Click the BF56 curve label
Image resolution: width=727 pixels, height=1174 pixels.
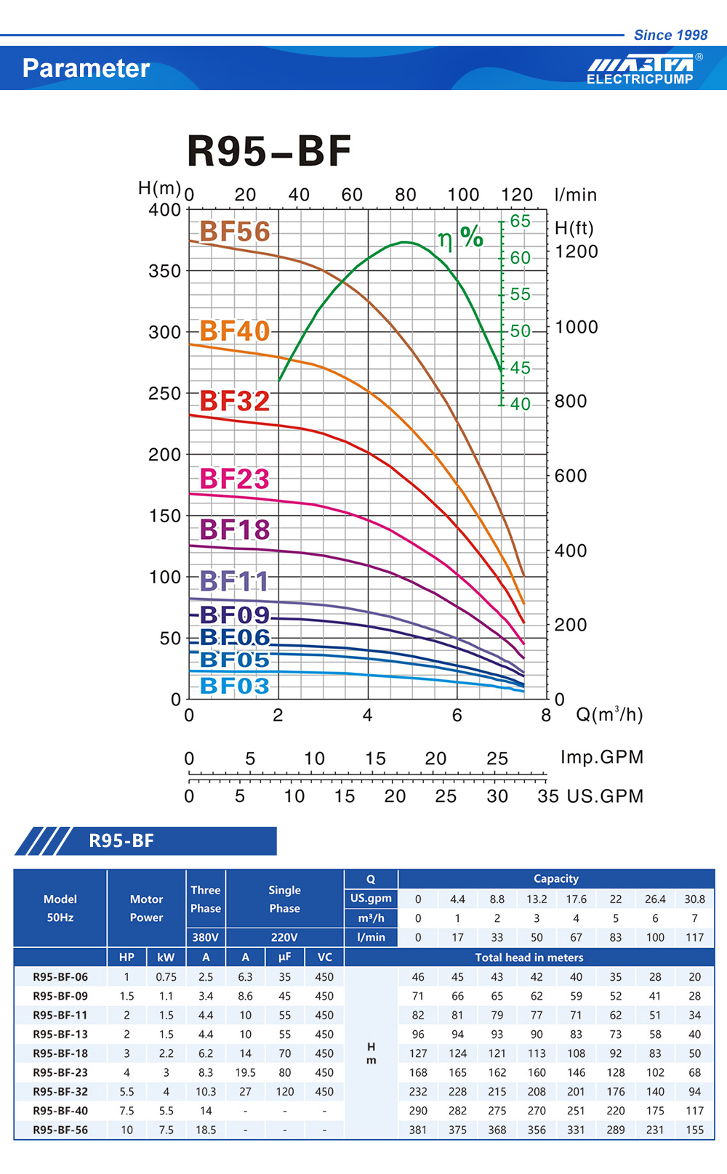[234, 232]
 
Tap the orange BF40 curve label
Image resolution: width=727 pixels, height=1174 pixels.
[234, 331]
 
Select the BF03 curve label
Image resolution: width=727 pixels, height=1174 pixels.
[234, 686]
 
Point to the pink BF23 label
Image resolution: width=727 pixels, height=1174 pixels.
[234, 479]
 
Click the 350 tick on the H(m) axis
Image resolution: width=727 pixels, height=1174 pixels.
[164, 271]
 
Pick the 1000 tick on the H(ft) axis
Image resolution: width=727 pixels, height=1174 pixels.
[577, 327]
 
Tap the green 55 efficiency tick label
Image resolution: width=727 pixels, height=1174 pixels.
[520, 294]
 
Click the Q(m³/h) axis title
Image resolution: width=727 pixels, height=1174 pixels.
[609, 715]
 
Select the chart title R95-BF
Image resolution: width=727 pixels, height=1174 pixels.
[269, 151]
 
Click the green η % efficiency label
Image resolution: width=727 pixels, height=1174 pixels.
[461, 238]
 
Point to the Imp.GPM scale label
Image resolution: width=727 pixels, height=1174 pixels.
[602, 757]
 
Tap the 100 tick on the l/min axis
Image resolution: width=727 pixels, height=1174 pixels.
[463, 195]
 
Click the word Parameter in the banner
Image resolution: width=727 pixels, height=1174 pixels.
[86, 68]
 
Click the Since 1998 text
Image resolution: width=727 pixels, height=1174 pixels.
[670, 35]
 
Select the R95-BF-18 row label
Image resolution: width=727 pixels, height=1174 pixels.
[60, 1053]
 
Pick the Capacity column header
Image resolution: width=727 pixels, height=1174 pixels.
[556, 878]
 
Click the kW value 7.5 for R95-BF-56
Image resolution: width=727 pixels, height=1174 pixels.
[166, 1130]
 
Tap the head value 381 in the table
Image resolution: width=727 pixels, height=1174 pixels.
[418, 1130]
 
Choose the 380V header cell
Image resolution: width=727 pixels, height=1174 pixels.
[206, 937]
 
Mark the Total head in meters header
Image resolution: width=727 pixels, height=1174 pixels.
[529, 958]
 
